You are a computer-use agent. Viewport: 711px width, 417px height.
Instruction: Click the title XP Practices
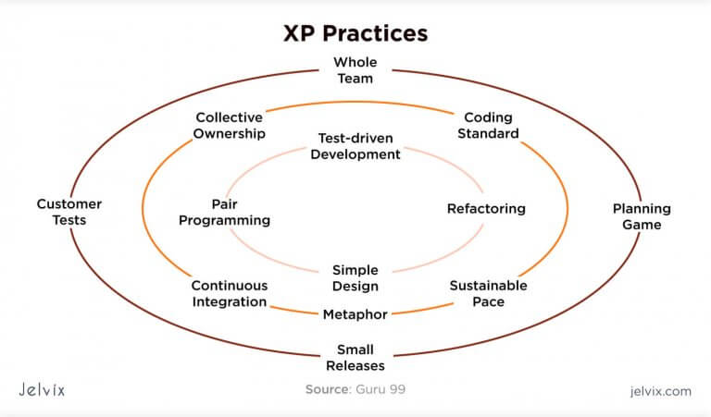[355, 33]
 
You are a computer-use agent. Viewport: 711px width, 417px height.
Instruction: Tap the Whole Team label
[355, 70]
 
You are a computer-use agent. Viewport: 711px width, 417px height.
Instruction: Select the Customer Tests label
[69, 212]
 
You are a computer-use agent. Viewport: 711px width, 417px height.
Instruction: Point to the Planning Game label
[642, 216]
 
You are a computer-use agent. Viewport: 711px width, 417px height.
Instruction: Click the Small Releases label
[355, 358]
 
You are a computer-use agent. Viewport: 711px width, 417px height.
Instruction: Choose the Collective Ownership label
[230, 126]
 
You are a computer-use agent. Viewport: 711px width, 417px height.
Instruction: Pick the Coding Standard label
[489, 126]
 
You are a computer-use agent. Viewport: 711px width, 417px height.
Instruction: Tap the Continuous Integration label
[230, 293]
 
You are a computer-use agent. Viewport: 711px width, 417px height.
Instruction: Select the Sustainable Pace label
[489, 293]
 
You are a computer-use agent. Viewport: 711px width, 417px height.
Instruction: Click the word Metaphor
[355, 314]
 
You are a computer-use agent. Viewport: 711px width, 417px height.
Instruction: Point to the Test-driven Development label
[355, 146]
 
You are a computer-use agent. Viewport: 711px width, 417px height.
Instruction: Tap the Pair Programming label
[224, 212]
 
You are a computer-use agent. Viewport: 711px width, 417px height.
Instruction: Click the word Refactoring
[486, 209]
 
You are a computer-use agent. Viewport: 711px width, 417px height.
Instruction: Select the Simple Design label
[355, 278]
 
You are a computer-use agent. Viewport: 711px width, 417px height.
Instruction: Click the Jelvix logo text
[42, 390]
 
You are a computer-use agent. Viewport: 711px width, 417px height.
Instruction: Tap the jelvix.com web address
[661, 391]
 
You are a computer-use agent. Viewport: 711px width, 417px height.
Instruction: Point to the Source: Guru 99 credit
[355, 389]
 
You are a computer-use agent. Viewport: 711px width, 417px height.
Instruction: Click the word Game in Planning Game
[642, 225]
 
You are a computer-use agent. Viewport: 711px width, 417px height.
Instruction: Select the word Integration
[230, 302]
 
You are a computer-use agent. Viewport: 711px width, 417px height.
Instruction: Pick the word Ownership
[230, 133]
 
